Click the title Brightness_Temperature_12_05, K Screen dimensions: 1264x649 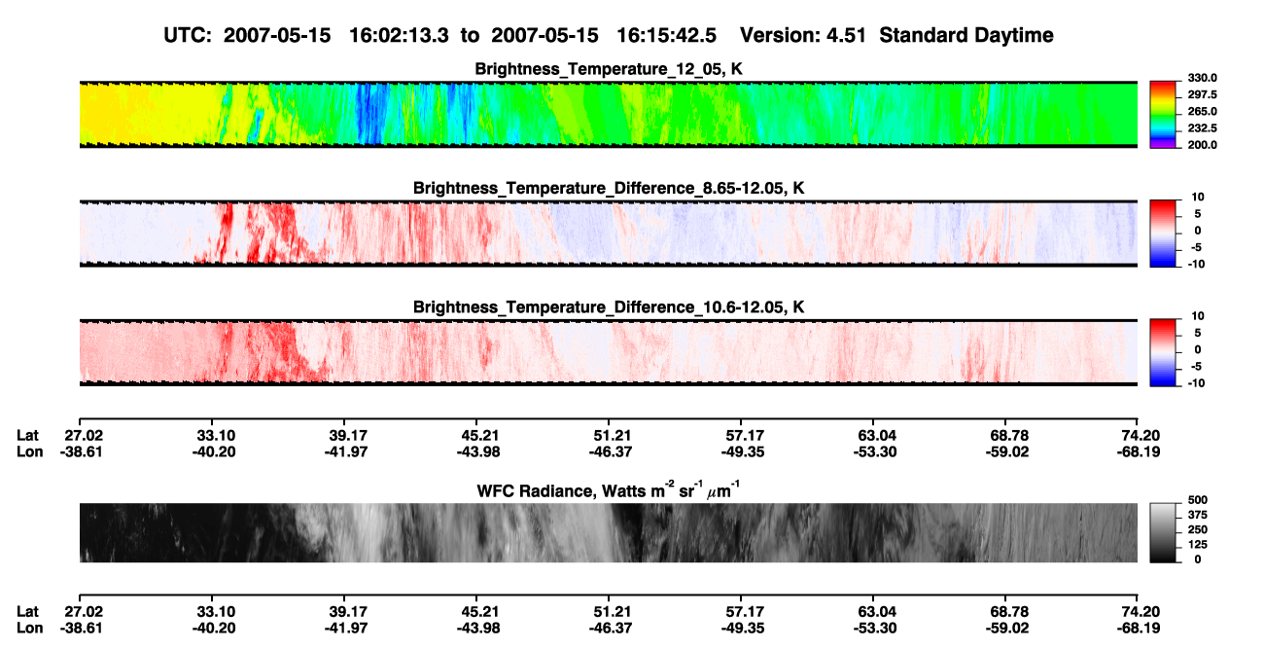pos(609,69)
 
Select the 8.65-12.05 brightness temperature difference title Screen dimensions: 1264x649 pos(609,188)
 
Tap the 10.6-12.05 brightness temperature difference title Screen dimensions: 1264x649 pos(609,307)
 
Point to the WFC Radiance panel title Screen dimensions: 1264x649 pos(609,489)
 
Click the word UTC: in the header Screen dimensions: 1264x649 pos(188,36)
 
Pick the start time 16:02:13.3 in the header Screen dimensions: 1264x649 pos(399,36)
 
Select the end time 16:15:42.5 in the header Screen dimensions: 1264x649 pos(666,36)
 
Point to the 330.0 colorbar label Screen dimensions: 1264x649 pos(1202,78)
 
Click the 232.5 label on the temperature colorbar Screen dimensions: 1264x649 pos(1202,128)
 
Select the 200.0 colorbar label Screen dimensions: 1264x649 pos(1202,145)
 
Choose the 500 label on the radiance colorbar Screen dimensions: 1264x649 pos(1198,500)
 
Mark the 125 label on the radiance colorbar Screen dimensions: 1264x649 pos(1198,545)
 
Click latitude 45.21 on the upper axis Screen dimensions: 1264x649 pos(478,436)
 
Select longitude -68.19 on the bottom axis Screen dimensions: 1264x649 pos(1139,629)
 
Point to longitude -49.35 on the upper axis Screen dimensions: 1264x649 pos(743,451)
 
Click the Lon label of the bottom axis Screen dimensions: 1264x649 pos(29,629)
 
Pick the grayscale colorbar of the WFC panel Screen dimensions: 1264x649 pos(1163,532)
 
